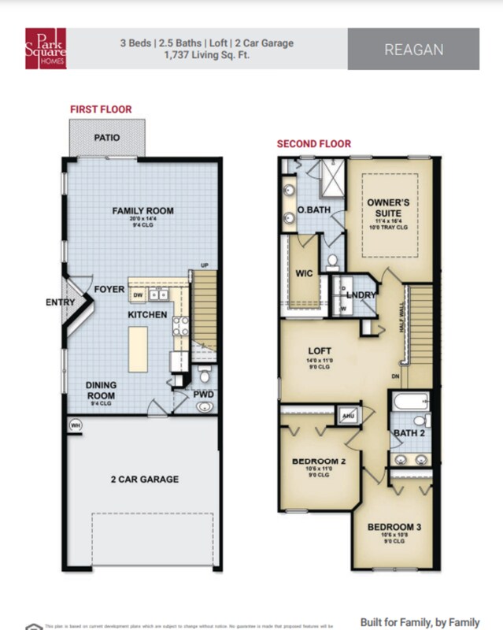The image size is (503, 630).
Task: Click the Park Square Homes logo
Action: [x=46, y=48]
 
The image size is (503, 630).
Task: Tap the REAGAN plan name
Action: [x=413, y=49]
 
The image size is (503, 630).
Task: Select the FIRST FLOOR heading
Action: [x=101, y=109]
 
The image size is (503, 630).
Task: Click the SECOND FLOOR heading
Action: [x=313, y=144]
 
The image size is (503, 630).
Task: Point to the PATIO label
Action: [x=107, y=138]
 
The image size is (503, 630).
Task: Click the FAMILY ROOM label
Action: [x=142, y=211]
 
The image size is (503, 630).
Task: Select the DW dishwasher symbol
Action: [x=138, y=295]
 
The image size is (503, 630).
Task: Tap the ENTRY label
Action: [x=61, y=302]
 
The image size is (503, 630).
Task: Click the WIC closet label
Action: [x=305, y=275]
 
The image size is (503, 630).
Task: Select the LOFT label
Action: [x=319, y=351]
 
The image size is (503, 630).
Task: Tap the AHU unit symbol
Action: [x=347, y=415]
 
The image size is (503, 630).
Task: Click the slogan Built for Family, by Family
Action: [x=420, y=621]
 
